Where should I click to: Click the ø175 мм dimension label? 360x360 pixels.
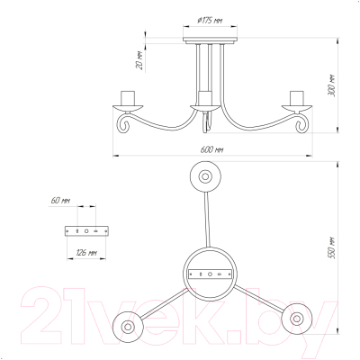[210, 21]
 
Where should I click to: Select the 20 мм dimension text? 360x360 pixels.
[139, 61]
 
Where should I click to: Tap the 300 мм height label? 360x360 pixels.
[331, 85]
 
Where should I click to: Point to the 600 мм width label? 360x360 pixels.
[211, 149]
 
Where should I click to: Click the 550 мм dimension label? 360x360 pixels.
[331, 248]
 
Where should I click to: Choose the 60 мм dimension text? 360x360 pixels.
[60, 201]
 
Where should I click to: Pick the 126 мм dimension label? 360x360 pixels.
[86, 253]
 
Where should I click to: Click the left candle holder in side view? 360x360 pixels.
[128, 102]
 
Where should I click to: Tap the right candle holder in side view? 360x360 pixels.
[297, 102]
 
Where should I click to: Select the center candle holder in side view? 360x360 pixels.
[205, 102]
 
